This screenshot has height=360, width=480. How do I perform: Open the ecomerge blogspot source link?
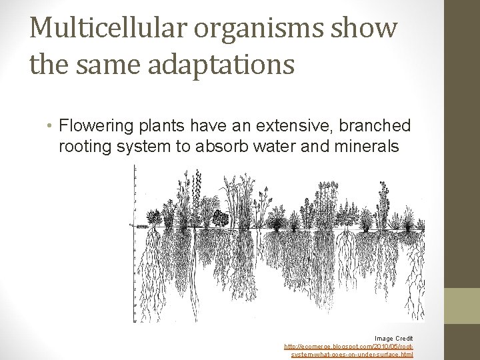pyautogui.click(x=349, y=347)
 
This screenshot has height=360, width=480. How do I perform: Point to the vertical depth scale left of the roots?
pyautogui.click(x=135, y=247)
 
